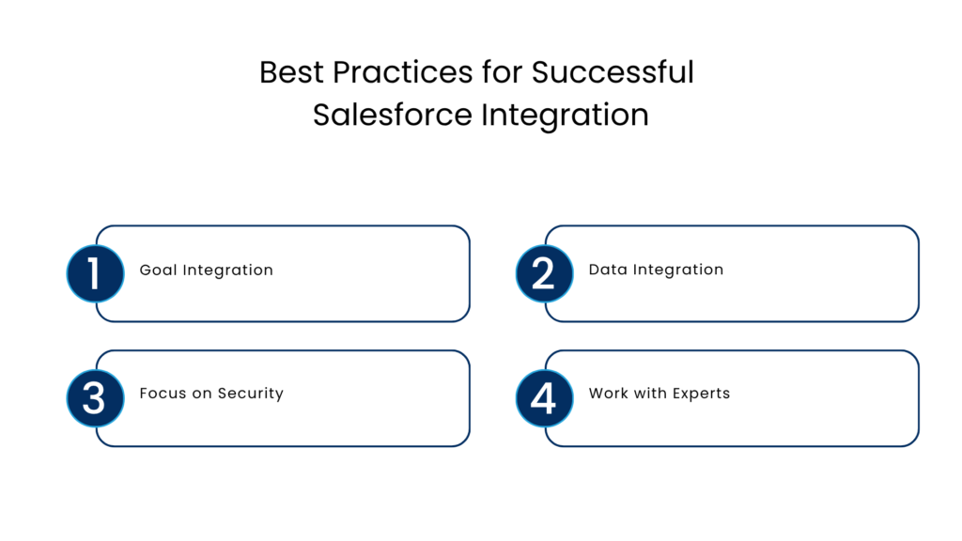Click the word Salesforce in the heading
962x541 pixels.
click(393, 115)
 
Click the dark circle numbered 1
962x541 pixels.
click(95, 273)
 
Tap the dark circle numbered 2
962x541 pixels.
click(544, 273)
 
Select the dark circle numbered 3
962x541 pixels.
click(95, 398)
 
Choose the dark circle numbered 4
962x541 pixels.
click(544, 398)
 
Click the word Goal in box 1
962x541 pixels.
click(158, 270)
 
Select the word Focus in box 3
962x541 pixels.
click(163, 394)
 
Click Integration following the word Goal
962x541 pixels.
click(227, 270)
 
